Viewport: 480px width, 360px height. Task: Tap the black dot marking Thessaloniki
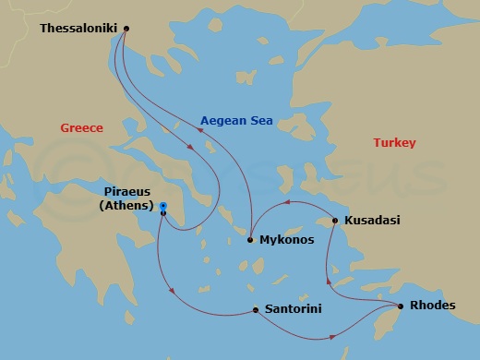click(126, 28)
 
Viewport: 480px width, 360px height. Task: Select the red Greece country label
click(81, 128)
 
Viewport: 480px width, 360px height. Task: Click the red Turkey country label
click(394, 142)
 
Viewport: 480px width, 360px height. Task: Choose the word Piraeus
click(126, 192)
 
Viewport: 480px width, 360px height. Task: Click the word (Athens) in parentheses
click(126, 206)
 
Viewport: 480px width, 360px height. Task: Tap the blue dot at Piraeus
click(162, 206)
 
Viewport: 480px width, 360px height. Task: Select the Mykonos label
click(287, 240)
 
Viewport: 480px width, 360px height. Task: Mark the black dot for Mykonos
click(250, 240)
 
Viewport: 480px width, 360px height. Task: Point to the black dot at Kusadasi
click(334, 221)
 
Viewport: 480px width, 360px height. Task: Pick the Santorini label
click(293, 309)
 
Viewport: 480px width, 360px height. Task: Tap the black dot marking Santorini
click(255, 309)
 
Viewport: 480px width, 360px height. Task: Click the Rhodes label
click(433, 306)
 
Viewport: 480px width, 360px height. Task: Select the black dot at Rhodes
click(400, 306)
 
